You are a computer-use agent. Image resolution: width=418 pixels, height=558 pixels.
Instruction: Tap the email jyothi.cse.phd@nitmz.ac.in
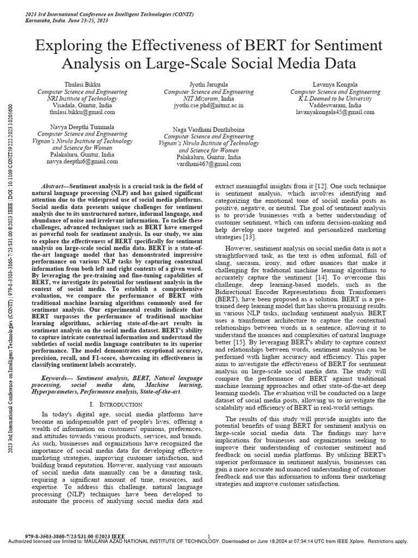click(x=208, y=105)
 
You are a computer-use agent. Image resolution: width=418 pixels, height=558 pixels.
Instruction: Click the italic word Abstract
click(x=54, y=186)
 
